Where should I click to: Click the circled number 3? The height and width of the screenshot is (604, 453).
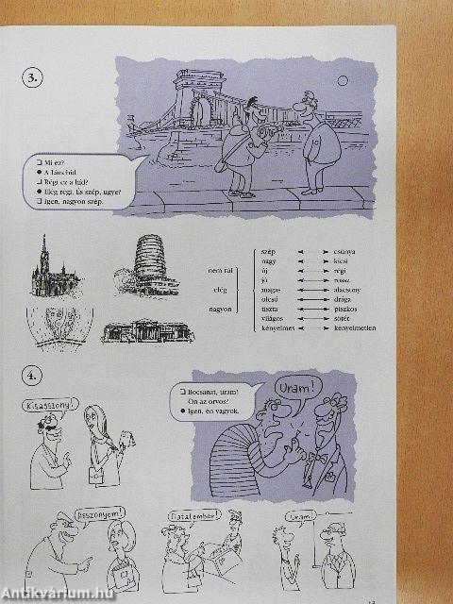click(x=34, y=79)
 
